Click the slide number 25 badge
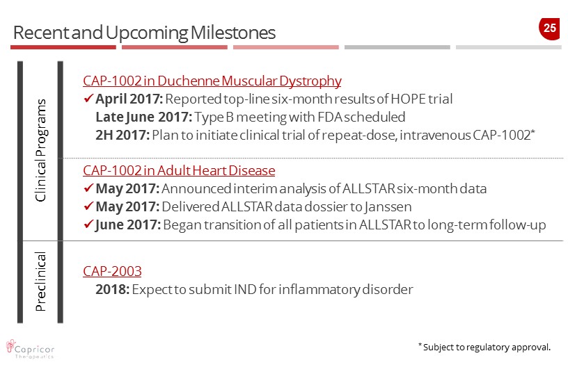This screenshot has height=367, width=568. pos(549,28)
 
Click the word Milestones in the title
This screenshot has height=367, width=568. pos(233,33)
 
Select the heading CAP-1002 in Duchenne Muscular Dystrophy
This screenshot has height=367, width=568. pos(212,81)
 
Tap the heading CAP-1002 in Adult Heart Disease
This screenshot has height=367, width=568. pos(179,170)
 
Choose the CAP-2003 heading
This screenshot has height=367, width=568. pos(112,271)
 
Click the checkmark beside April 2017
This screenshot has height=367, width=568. pos(88,98)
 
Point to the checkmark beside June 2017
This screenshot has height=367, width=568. pos(88,224)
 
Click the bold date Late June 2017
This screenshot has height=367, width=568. pos(144,117)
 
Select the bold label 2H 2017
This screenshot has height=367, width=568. pos(123,135)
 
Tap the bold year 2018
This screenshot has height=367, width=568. pos(112,290)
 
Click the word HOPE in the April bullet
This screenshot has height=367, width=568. pos(408,99)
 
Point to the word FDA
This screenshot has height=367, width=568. pos(330,117)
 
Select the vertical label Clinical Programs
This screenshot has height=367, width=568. pos(40,150)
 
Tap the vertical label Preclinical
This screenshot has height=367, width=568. pos(40,282)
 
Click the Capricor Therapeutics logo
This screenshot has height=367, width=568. pos(31,350)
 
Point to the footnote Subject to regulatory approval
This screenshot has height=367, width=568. pos(484,347)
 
